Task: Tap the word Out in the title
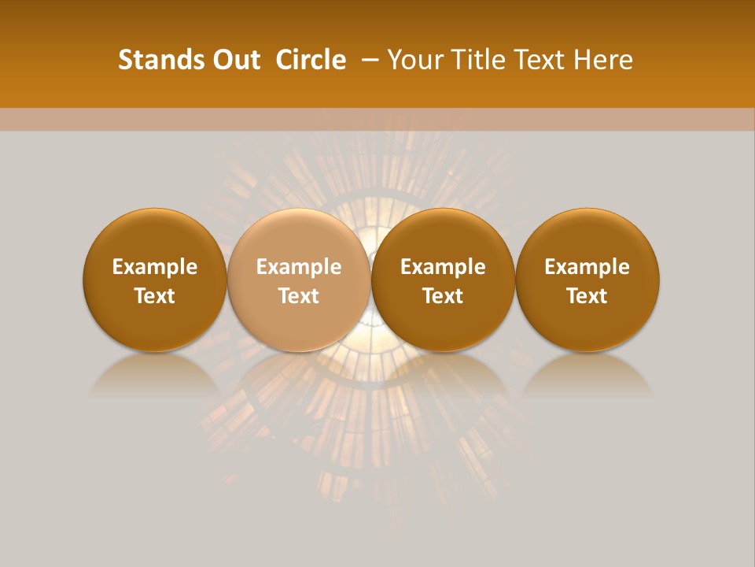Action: click(x=234, y=60)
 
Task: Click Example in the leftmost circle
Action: click(x=154, y=267)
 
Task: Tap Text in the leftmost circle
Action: click(x=154, y=296)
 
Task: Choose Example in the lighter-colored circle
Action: click(x=299, y=267)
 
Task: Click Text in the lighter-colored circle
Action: click(x=299, y=296)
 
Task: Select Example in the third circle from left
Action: click(x=443, y=267)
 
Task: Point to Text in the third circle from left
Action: click(x=443, y=296)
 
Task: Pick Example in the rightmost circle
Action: click(x=587, y=267)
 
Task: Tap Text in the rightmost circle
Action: click(x=587, y=296)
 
